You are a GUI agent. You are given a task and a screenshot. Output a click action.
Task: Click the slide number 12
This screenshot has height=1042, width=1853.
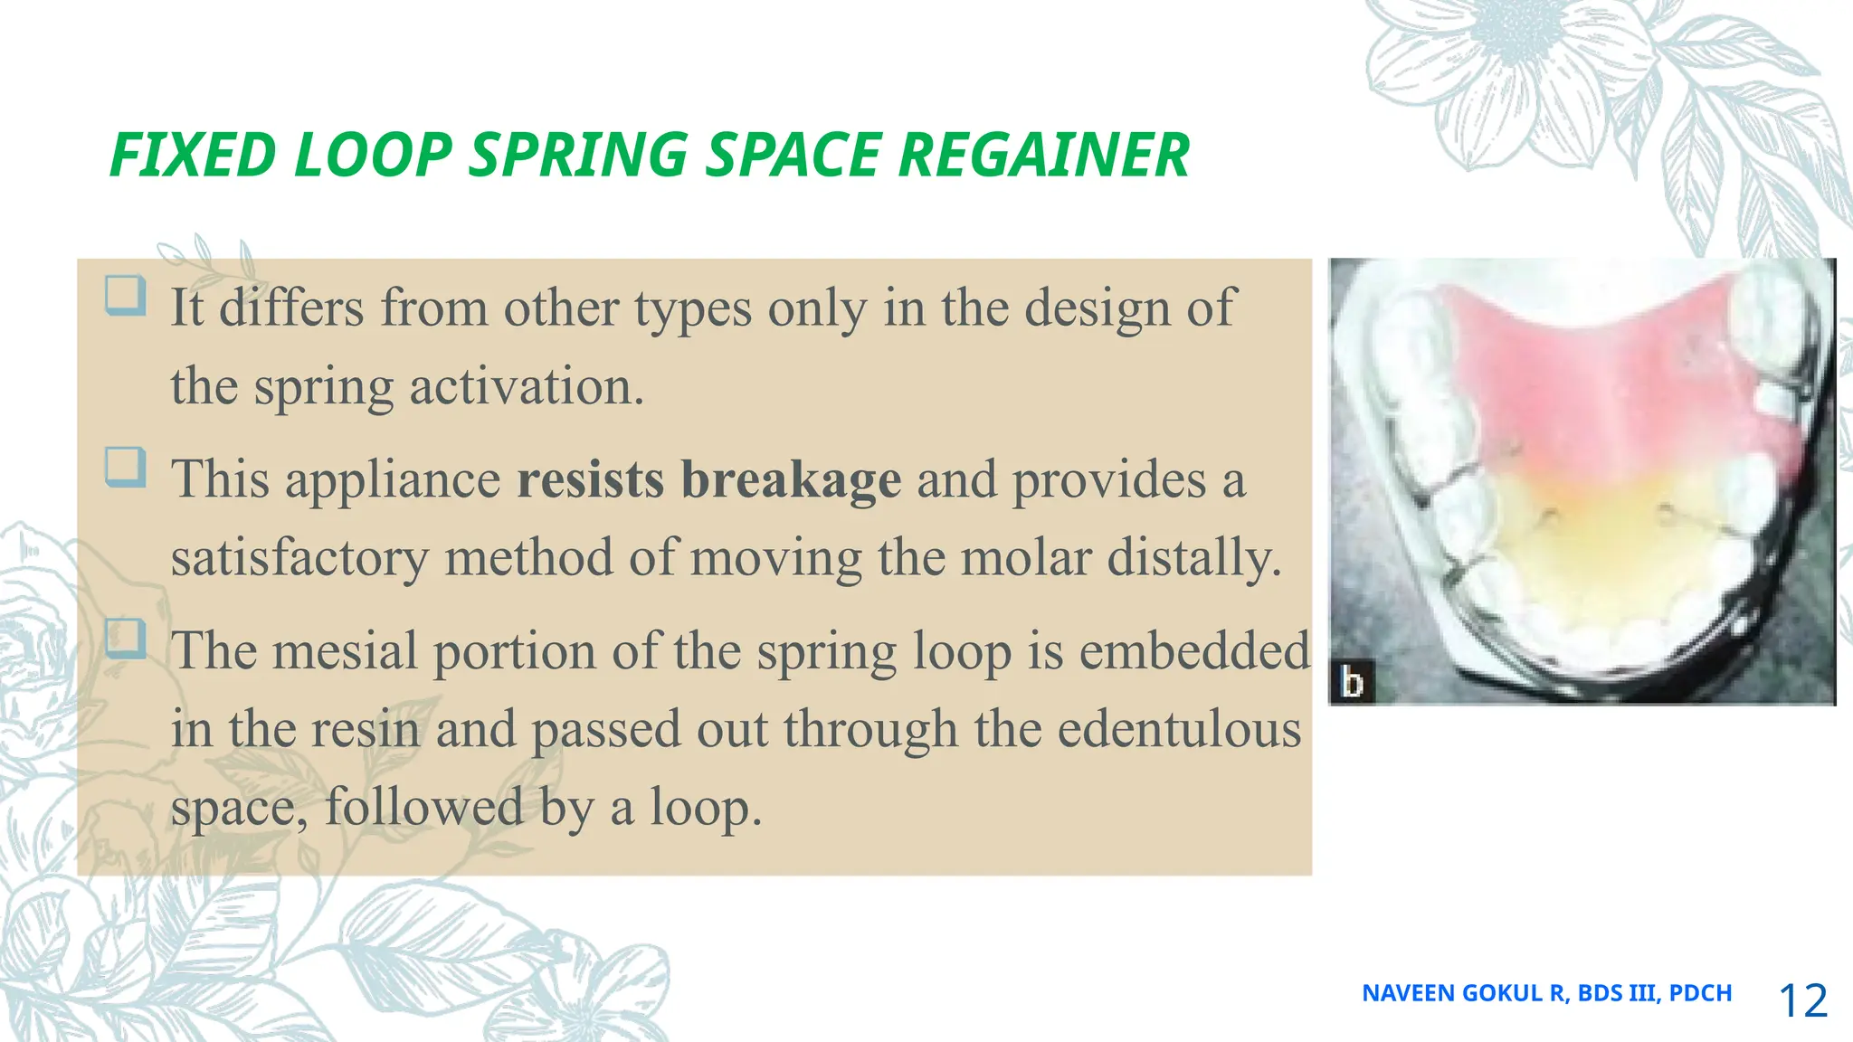pyautogui.click(x=1802, y=1000)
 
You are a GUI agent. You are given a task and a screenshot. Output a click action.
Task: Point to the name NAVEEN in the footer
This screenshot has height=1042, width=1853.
pyautogui.click(x=1409, y=993)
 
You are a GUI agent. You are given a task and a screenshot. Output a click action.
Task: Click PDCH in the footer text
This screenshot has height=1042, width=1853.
pyautogui.click(x=1700, y=993)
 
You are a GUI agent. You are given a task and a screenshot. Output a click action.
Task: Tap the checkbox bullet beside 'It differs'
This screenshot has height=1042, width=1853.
pyautogui.click(x=125, y=296)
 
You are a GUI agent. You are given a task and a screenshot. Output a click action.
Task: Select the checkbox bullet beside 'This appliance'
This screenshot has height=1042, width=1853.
pyautogui.click(x=125, y=467)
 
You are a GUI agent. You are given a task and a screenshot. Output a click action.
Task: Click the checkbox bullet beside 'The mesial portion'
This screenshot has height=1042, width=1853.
pyautogui.click(x=125, y=639)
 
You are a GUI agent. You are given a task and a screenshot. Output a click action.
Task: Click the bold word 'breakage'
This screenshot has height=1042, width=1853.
pyautogui.click(x=791, y=480)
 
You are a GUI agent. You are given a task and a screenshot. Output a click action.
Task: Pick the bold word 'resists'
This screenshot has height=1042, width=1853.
pyautogui.click(x=590, y=480)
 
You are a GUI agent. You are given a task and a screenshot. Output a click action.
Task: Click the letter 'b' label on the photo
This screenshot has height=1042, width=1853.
pyautogui.click(x=1352, y=682)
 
